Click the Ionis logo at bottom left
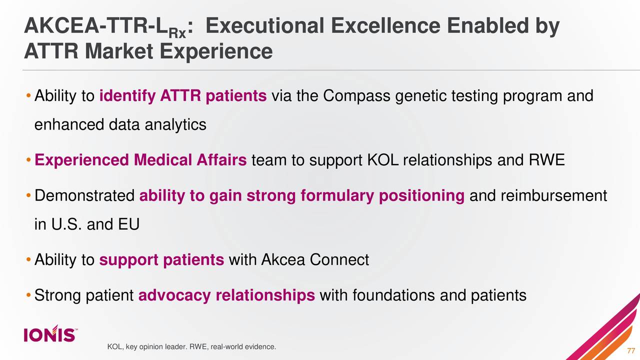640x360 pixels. coord(50,334)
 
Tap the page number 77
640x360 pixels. coord(630,349)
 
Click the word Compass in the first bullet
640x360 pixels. coord(357,95)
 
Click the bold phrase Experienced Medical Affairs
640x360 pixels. coord(141,160)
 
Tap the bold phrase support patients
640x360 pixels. coord(161,260)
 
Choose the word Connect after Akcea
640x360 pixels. coord(339,260)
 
